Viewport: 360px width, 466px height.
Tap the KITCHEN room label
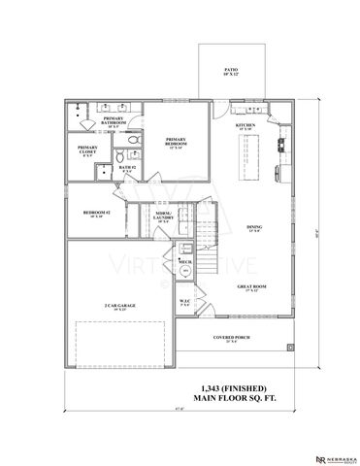[x=245, y=127]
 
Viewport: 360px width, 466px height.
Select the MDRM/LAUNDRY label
[x=164, y=216]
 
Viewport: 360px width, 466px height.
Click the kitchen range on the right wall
[x=282, y=146]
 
